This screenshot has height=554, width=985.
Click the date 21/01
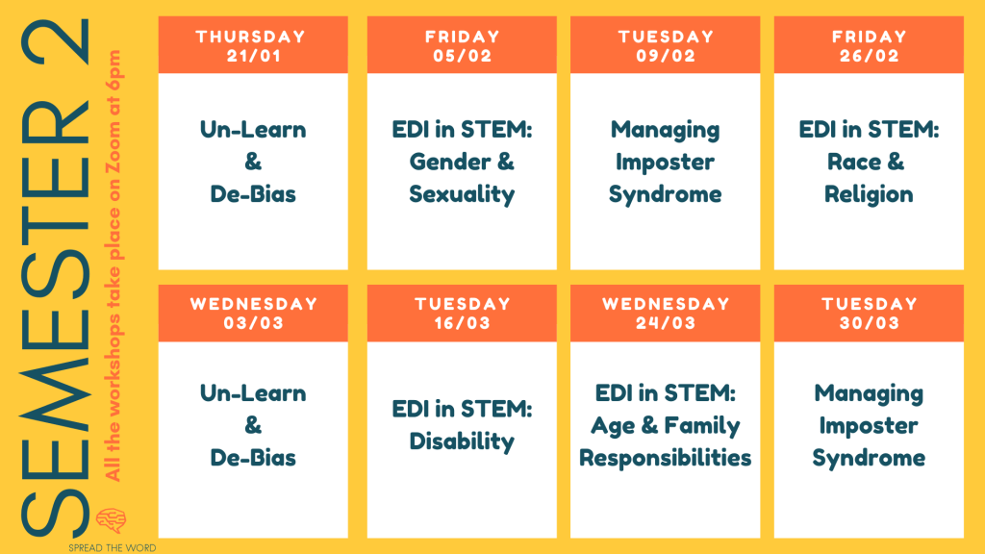[x=253, y=56]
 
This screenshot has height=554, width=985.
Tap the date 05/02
[x=462, y=56]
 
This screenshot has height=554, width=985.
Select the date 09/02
[x=666, y=56]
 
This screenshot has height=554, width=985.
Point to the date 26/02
[x=869, y=56]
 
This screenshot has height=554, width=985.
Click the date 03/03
[x=253, y=323]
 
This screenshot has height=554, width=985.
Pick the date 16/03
[x=462, y=323]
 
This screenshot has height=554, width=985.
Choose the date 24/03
[x=666, y=323]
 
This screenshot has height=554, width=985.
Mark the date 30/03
[x=869, y=323]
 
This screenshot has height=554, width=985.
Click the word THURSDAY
[x=251, y=37]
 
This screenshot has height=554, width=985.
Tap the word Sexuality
[x=462, y=194]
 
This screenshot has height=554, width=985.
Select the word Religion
[x=869, y=194]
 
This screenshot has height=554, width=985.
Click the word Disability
[x=462, y=441]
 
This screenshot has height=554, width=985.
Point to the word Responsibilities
[x=666, y=459]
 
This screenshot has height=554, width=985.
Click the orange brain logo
[x=112, y=520]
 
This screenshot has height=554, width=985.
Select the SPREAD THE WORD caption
[x=112, y=547]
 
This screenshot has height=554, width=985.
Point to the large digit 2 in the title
[x=56, y=42]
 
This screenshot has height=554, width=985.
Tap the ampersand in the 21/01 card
[x=253, y=162]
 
